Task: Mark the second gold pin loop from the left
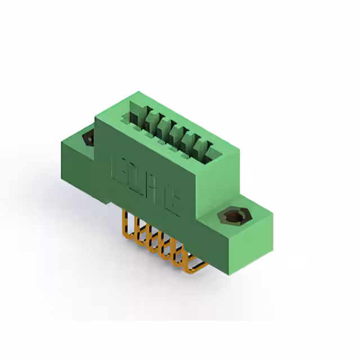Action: pyautogui.click(x=138, y=233)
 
